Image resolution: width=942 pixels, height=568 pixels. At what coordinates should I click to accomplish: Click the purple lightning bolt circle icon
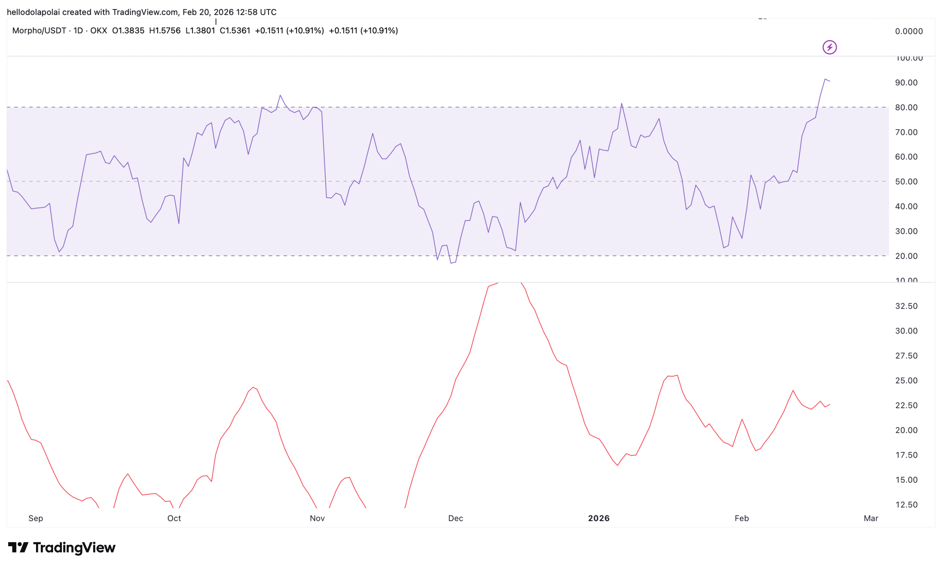tap(829, 47)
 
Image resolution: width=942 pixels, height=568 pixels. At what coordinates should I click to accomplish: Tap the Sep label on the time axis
tap(36, 518)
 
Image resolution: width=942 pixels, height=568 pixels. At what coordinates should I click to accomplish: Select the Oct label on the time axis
tap(174, 518)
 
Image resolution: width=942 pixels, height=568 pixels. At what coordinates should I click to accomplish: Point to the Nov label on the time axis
tap(317, 518)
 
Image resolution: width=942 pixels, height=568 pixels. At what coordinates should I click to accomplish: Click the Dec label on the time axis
tap(455, 518)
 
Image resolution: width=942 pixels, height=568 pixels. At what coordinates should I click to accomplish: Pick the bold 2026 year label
tap(599, 518)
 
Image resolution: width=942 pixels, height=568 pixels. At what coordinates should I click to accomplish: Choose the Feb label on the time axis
tap(742, 518)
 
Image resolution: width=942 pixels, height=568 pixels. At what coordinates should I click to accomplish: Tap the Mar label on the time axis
tap(871, 518)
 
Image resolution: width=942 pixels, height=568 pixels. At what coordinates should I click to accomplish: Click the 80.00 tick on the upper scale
tap(906, 107)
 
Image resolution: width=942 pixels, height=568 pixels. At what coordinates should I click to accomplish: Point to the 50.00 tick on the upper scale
tap(906, 182)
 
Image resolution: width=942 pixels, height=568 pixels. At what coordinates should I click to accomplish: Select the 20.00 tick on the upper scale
tap(906, 256)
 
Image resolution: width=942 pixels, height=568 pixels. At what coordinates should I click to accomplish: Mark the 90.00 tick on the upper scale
tap(906, 82)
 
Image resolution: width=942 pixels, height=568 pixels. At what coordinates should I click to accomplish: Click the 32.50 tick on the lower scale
tap(906, 306)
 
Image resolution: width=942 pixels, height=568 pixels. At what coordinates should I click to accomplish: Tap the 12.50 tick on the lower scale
tap(906, 505)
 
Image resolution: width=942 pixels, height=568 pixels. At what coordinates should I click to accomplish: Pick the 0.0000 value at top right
tap(909, 31)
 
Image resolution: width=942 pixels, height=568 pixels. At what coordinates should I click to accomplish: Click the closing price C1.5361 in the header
tap(235, 31)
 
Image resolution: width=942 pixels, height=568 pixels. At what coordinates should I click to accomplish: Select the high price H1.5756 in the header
tap(165, 31)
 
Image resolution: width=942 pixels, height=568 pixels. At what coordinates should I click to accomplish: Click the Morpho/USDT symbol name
tap(39, 31)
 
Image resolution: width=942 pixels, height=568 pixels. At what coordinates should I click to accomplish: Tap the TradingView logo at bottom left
tap(61, 548)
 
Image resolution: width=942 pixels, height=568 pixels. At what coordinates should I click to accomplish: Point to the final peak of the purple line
tap(825, 79)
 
